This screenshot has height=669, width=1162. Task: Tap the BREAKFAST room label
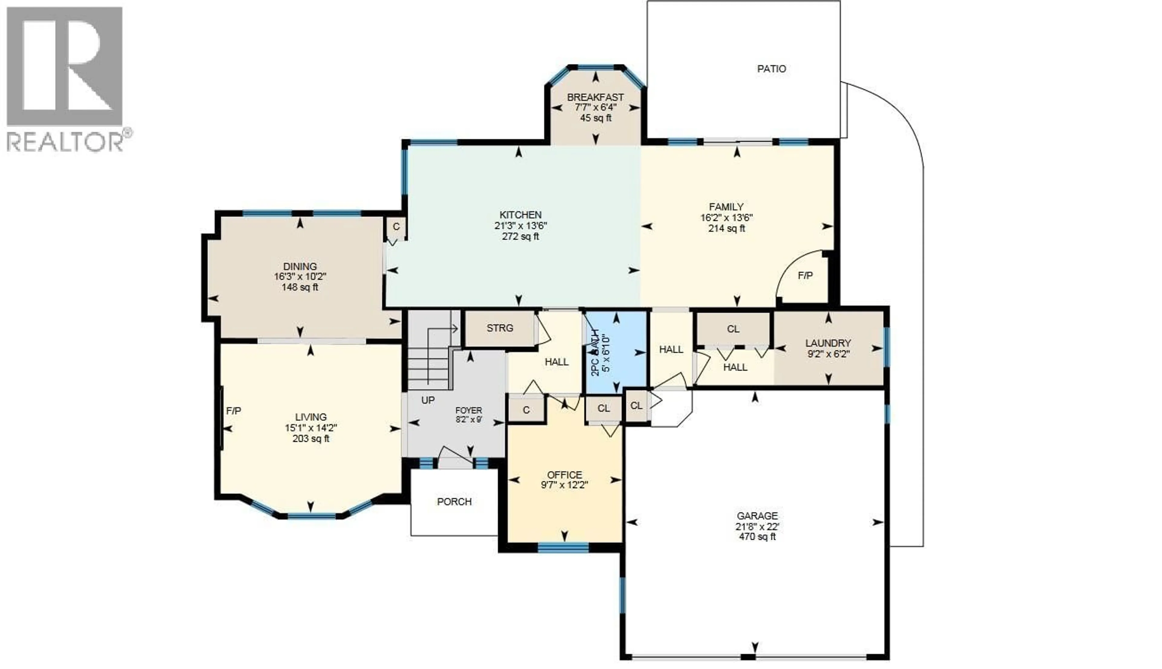pyautogui.click(x=595, y=97)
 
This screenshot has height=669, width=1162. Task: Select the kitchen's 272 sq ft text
pyautogui.click(x=520, y=237)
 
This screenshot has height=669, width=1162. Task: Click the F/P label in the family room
pyautogui.click(x=805, y=276)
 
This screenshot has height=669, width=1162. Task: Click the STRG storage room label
pyautogui.click(x=500, y=328)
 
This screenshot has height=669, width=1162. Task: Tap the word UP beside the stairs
pyautogui.click(x=428, y=400)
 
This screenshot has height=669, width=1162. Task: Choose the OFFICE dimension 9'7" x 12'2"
pyautogui.click(x=564, y=485)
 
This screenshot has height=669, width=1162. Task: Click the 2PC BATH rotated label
pyautogui.click(x=595, y=353)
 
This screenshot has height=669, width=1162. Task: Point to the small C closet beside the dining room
pyautogui.click(x=396, y=226)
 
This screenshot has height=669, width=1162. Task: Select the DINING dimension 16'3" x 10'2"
pyautogui.click(x=300, y=277)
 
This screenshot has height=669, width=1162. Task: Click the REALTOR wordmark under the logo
pyautogui.click(x=64, y=142)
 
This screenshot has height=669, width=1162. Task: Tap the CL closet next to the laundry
pyautogui.click(x=733, y=329)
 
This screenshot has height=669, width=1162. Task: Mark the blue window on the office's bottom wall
pyautogui.click(x=563, y=547)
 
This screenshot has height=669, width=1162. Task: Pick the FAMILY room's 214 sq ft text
pyautogui.click(x=726, y=228)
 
